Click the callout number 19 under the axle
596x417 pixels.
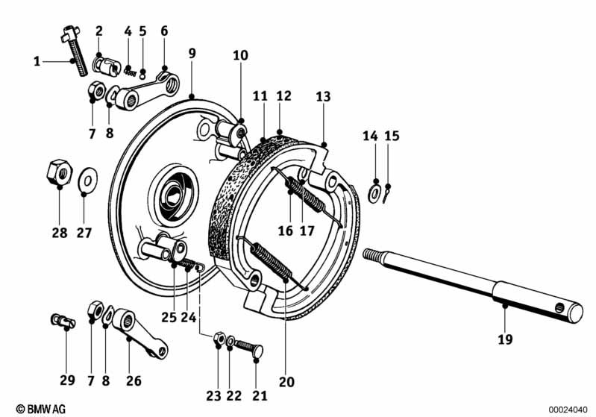tap(505, 339)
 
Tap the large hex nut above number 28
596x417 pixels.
tap(60, 172)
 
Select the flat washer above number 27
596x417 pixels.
tap(87, 180)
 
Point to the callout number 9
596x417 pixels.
tap(192, 53)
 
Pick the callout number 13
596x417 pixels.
tap(323, 96)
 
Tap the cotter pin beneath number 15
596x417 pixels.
tap(386, 194)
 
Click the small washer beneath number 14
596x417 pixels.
tap(374, 193)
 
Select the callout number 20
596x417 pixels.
tap(286, 382)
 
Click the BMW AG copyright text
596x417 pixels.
tap(41, 409)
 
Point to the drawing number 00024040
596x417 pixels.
tap(568, 410)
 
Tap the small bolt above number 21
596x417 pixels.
tap(249, 348)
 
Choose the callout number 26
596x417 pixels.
tap(134, 380)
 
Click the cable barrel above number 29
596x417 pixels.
tap(63, 322)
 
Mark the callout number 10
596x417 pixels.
tap(240, 55)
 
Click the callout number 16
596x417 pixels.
tap(286, 231)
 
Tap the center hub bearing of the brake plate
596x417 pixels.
tap(174, 195)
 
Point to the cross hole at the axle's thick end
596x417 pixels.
tap(559, 307)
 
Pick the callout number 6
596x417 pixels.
tap(164, 31)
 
